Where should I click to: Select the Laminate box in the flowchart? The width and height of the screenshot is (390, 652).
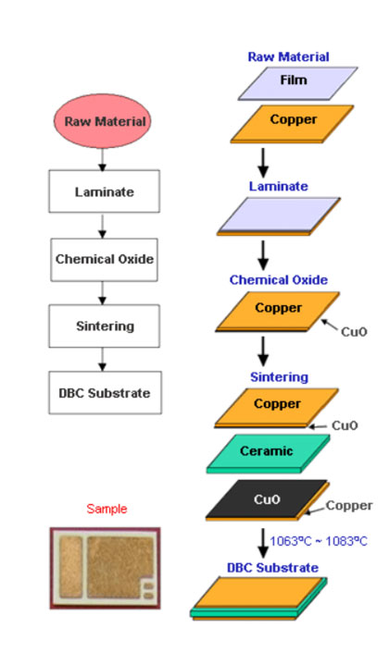[x=104, y=193]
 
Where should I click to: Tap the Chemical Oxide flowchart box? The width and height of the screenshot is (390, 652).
[x=104, y=259]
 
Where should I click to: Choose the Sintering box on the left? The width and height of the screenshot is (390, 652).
[x=104, y=326]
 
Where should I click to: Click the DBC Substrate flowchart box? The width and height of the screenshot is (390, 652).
[x=104, y=393]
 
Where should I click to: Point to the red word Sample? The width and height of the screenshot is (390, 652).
[x=107, y=509]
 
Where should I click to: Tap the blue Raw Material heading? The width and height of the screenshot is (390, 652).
[x=288, y=57]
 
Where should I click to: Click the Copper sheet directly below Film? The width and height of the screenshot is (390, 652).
[x=285, y=120]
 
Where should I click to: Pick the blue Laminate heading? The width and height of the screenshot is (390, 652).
[x=278, y=187]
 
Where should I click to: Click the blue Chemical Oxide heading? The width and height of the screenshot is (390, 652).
[x=278, y=280]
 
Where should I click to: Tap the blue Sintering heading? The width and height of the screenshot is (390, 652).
[x=278, y=377]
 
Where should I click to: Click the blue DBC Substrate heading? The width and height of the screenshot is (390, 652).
[x=272, y=567]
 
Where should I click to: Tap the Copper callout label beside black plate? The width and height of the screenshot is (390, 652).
[x=349, y=506]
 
